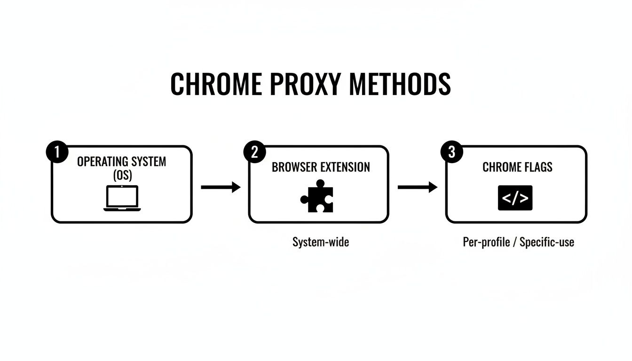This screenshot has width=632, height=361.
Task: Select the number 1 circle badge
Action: [x=57, y=153]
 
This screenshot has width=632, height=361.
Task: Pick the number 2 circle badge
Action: [x=254, y=153]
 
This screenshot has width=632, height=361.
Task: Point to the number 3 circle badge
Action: [x=451, y=153]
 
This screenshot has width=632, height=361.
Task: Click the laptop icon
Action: [x=122, y=198]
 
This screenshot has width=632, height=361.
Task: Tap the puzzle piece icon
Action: [x=317, y=196]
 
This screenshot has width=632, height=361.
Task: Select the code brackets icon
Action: [x=515, y=198]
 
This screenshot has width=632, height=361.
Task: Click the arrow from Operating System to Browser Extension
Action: [x=221, y=187]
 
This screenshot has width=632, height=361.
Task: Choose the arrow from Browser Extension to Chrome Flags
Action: [x=418, y=187]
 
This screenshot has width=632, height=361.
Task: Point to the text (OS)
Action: [x=121, y=175]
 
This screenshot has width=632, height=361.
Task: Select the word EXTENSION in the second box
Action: [x=346, y=167]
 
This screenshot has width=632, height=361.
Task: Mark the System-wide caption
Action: [x=321, y=242]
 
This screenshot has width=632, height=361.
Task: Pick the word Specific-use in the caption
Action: [x=547, y=242]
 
